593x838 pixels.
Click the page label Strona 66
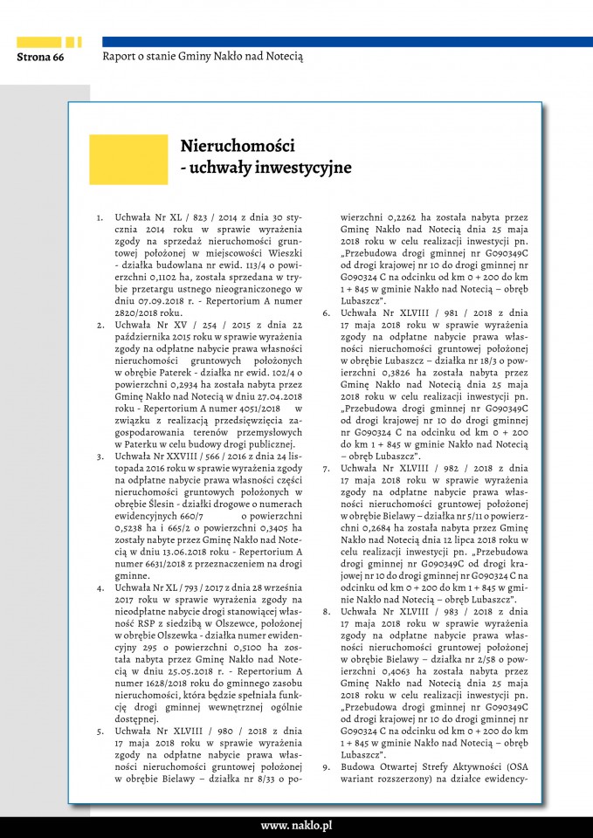(x=40, y=58)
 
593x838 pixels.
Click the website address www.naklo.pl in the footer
(x=296, y=825)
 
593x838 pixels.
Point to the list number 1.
(x=100, y=216)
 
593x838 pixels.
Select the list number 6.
(x=326, y=312)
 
